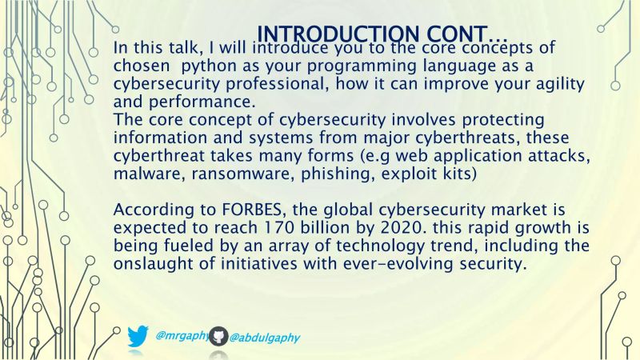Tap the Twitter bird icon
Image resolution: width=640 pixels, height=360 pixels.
pos(138,336)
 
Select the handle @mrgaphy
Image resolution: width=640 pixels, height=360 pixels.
pos(182,336)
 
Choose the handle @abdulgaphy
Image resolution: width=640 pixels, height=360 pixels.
pos(265,338)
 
